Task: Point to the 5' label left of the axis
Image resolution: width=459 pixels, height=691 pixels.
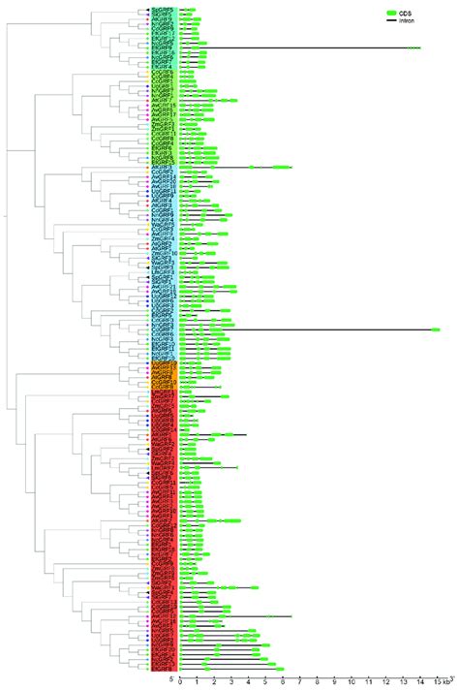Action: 170,679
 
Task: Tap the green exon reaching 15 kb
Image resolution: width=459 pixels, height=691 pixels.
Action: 436,330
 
